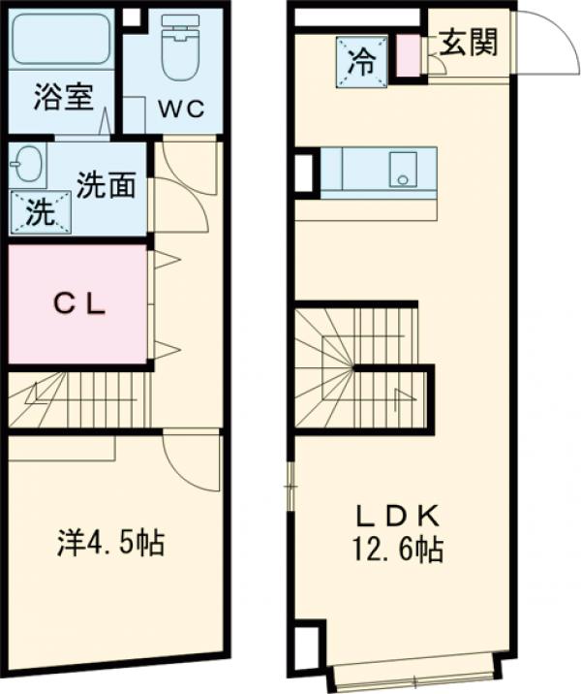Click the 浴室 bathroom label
[63, 98]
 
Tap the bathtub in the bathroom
[62, 41]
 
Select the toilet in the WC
[180, 48]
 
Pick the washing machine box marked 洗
[40, 212]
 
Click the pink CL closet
[78, 303]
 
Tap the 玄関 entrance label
[469, 44]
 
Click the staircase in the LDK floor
[360, 368]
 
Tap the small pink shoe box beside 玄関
[409, 55]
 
